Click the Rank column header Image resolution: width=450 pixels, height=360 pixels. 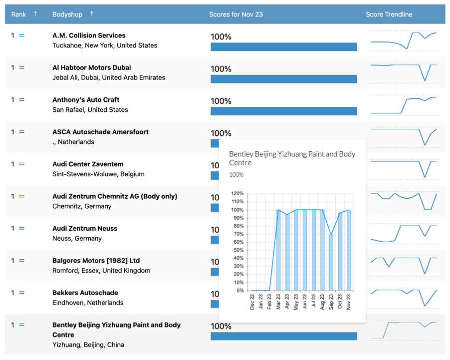click(19, 14)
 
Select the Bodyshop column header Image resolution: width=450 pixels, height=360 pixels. click(67, 14)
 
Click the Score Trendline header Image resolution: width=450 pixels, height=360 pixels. click(389, 14)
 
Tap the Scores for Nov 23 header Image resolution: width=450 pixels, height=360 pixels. click(235, 14)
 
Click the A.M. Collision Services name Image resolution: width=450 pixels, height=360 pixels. click(89, 35)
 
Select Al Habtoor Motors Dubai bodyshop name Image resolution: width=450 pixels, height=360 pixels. click(92, 67)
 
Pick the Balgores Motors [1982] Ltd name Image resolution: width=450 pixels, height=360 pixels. click(96, 261)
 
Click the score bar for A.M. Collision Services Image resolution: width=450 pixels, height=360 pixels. click(283, 47)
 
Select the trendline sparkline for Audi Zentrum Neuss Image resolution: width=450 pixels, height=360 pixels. click(404, 233)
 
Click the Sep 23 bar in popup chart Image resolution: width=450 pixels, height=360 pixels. click(331, 263)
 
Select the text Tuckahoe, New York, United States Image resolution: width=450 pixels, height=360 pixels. click(105, 45)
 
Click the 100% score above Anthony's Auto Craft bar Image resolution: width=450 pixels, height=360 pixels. click(221, 101)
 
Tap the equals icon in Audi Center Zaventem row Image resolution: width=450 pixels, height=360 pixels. click(21, 164)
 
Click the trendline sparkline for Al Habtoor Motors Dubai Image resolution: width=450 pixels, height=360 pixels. click(404, 72)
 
